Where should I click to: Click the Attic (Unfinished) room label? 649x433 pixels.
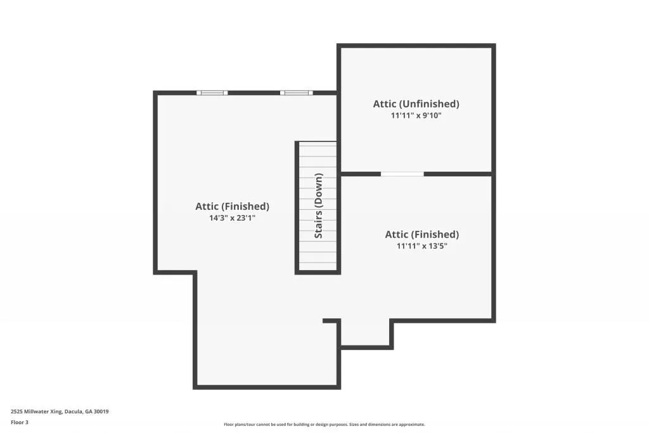click(x=416, y=104)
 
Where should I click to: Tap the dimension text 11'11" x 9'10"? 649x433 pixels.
click(x=416, y=116)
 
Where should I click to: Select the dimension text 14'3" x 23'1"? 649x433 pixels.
click(x=232, y=217)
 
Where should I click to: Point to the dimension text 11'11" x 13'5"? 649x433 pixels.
click(x=422, y=246)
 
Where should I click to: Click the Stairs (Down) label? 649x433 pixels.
click(x=319, y=206)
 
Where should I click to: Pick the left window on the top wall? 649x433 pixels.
click(x=212, y=93)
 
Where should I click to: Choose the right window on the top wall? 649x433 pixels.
click(x=296, y=93)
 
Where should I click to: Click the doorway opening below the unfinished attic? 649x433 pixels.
click(x=402, y=174)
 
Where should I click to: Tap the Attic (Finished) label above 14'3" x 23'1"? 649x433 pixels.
click(x=232, y=206)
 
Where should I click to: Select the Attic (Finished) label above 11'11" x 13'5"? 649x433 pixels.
click(x=422, y=235)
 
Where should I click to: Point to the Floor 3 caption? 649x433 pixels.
click(x=20, y=422)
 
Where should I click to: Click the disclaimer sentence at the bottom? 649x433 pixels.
click(x=324, y=425)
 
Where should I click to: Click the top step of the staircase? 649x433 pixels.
click(x=318, y=145)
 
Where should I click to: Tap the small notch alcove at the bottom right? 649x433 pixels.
click(x=366, y=334)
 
